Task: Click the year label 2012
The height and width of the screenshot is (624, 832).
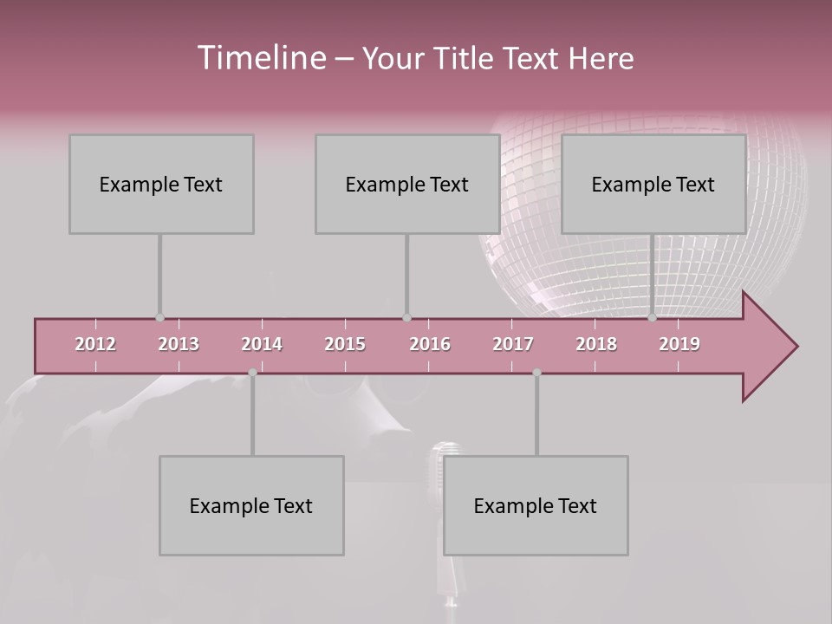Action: (95, 344)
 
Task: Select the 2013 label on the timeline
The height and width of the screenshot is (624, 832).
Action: (179, 344)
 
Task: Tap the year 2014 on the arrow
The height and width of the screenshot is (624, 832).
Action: (262, 344)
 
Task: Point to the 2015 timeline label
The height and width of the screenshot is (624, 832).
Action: (345, 344)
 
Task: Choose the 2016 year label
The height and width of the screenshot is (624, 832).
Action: (430, 344)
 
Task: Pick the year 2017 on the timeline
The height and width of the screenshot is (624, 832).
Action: (513, 344)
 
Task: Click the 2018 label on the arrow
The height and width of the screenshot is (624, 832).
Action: (596, 344)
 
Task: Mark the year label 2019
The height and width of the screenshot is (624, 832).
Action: (679, 344)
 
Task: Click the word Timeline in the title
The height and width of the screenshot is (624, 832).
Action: (260, 58)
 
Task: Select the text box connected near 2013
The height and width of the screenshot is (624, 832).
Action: (161, 184)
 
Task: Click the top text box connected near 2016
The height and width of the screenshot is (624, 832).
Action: (406, 184)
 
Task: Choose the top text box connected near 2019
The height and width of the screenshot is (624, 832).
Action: (653, 184)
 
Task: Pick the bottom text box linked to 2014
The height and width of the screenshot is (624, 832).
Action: (251, 505)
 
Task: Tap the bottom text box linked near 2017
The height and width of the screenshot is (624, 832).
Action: (536, 505)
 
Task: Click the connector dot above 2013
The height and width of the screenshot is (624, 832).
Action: (159, 317)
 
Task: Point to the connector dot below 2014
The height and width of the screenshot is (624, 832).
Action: (252, 373)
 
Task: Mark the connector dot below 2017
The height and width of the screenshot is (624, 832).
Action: (536, 373)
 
